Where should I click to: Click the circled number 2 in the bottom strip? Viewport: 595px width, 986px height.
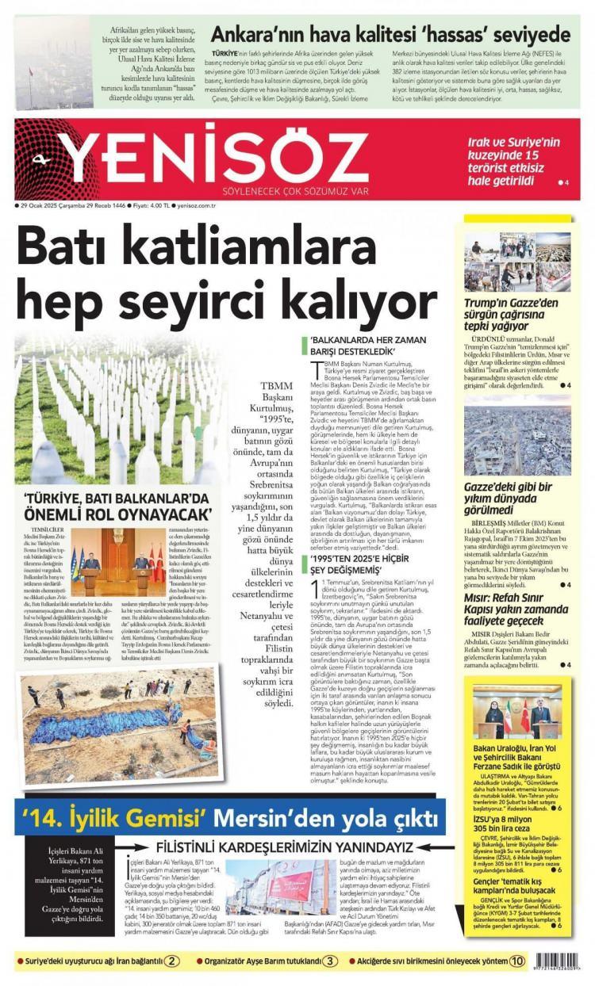click(x=172, y=961)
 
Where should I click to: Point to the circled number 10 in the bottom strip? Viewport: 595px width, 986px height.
click(x=517, y=961)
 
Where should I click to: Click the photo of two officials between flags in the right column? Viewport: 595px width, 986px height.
click(x=517, y=711)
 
